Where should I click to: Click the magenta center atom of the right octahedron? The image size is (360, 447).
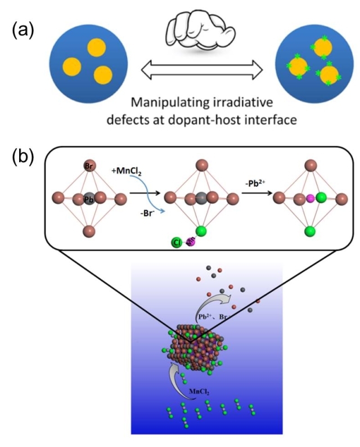(x=309, y=198)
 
